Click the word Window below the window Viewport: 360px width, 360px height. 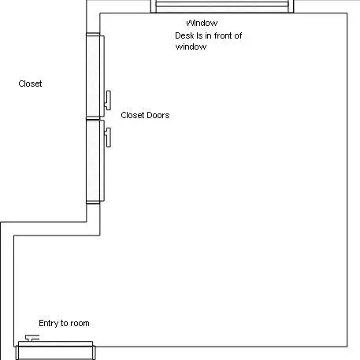tap(202, 23)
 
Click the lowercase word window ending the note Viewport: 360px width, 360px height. tap(191, 46)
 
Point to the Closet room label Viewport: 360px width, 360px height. tap(30, 84)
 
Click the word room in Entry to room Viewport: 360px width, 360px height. tap(80, 324)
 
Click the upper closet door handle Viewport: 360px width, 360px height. tap(108, 100)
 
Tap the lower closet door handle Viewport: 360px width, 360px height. tap(108, 137)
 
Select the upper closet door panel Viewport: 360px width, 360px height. tap(95, 76)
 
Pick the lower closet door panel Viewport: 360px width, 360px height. tap(95, 161)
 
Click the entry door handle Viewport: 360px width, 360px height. tap(32, 338)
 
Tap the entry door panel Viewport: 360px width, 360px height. tap(55, 351)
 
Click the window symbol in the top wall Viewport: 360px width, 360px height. tap(222, 6)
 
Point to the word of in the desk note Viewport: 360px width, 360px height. tap(238, 35)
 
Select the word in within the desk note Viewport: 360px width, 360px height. tap(208, 35)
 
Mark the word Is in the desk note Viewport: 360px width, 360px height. tap(199, 35)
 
